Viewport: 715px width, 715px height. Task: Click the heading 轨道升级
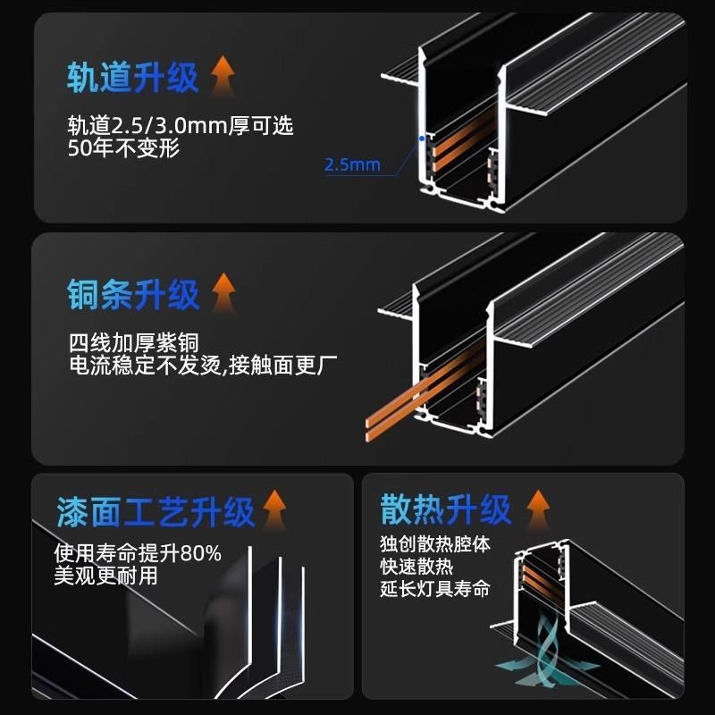click(x=132, y=78)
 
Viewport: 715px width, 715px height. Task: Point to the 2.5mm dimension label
click(x=352, y=164)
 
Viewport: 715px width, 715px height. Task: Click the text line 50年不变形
click(x=123, y=148)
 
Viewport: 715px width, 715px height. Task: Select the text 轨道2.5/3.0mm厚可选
click(x=180, y=126)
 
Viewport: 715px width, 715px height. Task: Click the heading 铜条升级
click(x=132, y=294)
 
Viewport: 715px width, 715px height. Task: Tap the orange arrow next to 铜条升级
click(x=223, y=291)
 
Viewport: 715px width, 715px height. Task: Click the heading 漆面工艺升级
click(x=155, y=512)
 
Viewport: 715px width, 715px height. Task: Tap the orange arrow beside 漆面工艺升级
click(x=273, y=509)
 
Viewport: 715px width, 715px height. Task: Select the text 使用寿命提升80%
click(x=138, y=552)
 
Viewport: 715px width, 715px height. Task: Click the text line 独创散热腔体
click(x=434, y=544)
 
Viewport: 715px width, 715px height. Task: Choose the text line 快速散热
click(x=416, y=567)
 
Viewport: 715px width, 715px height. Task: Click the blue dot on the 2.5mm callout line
click(x=420, y=139)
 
